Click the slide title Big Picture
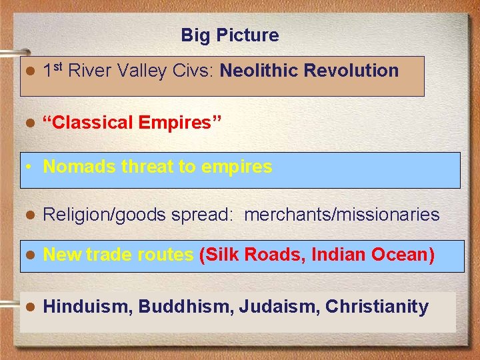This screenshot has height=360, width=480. point(229,35)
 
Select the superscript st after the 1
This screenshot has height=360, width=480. point(59,67)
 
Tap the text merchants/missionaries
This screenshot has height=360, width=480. point(342,215)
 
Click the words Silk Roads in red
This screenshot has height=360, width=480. point(254,255)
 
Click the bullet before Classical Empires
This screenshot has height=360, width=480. point(29,123)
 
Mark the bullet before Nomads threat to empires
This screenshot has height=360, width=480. point(29,167)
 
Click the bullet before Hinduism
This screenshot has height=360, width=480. point(29,307)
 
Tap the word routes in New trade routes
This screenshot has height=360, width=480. point(169,255)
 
